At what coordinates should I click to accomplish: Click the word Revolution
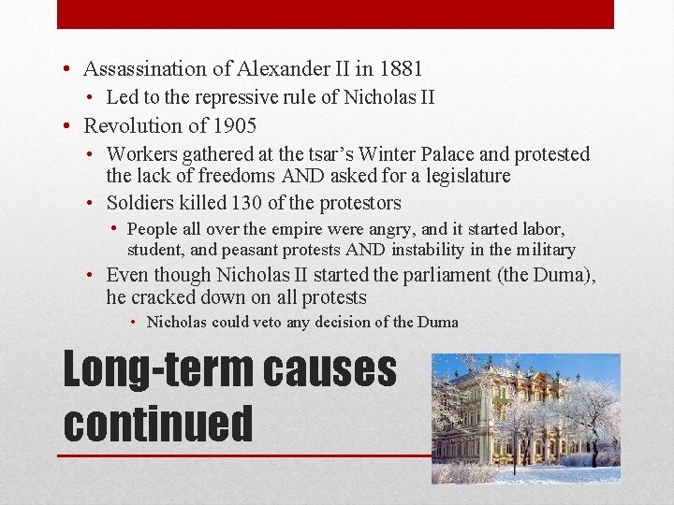point(130,125)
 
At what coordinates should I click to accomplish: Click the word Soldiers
point(139,203)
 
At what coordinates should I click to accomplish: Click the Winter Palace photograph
point(525,418)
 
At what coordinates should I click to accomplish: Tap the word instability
point(433,250)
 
